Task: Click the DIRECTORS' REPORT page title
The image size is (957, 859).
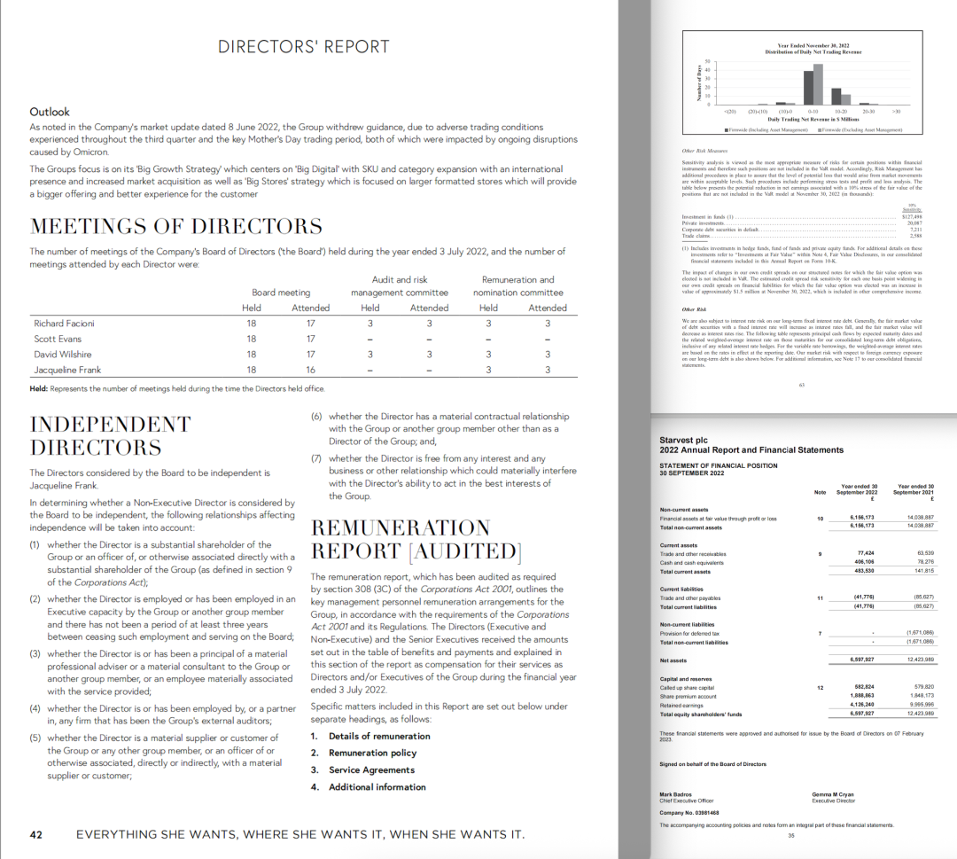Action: coord(303,47)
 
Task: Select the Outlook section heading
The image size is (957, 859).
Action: coord(50,112)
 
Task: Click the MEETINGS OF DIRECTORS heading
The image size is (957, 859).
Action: coord(176,225)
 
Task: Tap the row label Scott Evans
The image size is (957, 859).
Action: coord(57,339)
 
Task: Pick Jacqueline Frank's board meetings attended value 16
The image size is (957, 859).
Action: coord(310,369)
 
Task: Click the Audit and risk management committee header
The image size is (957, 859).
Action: coord(400,285)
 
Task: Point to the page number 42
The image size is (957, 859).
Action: coord(36,834)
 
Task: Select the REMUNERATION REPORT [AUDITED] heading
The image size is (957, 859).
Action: coord(416,539)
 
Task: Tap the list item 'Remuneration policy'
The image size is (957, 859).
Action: coord(372,753)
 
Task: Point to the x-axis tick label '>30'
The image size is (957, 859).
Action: coord(897,112)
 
